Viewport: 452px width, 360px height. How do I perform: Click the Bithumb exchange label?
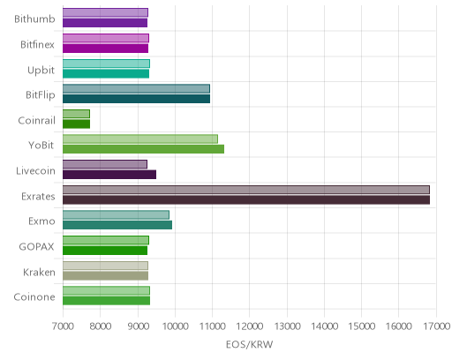[x=34, y=19]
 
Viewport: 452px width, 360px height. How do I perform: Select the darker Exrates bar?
[x=246, y=200]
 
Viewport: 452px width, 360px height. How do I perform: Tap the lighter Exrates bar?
[x=246, y=190]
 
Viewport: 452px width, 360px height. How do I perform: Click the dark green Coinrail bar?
[x=76, y=124]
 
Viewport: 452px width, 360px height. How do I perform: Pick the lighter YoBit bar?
[x=140, y=139]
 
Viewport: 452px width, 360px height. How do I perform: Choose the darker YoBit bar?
[x=143, y=149]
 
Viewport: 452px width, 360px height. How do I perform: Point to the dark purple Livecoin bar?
[x=109, y=175]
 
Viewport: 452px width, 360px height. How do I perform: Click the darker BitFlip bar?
[x=136, y=99]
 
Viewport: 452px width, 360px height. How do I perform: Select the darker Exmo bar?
[x=117, y=225]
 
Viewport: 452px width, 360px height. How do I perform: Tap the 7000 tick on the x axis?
[x=63, y=326]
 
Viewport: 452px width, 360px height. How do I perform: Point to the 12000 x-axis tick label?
[x=250, y=326]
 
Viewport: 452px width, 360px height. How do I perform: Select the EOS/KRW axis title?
[x=249, y=344]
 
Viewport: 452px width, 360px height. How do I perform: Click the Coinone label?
[x=34, y=297]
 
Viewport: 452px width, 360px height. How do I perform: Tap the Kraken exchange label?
[x=39, y=272]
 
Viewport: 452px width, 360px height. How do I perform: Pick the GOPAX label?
[x=37, y=246]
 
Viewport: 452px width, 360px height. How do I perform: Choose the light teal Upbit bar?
[x=106, y=64]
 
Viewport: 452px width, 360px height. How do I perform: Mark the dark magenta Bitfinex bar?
[x=105, y=49]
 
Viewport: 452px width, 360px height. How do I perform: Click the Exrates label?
[x=38, y=196]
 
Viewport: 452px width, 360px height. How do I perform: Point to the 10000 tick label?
[x=175, y=326]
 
